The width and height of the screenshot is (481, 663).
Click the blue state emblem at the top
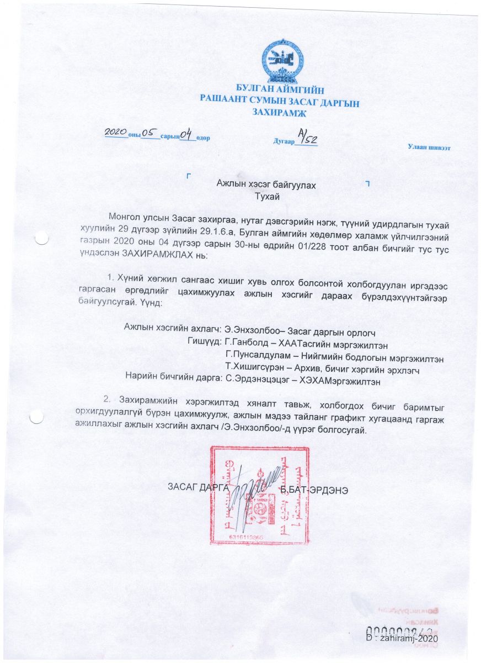[283, 60]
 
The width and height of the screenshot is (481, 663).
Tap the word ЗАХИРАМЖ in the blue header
[280, 112]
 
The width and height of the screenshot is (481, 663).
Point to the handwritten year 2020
[116, 133]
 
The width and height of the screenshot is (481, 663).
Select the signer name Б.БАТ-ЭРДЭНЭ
[313, 490]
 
